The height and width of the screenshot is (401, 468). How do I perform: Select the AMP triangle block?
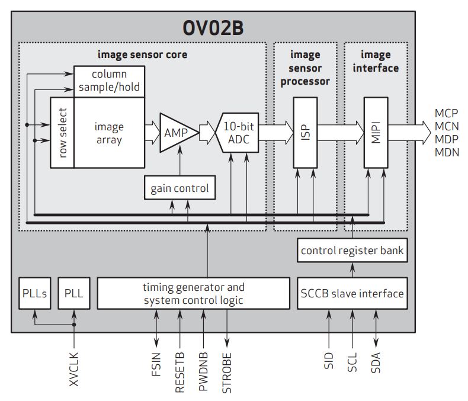tap(177, 133)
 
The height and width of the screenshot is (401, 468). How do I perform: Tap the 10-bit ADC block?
tap(240, 133)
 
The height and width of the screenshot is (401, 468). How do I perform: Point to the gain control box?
tap(179, 188)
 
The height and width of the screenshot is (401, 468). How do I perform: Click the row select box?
tap(62, 133)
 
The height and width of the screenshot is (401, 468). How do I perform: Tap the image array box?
tap(109, 133)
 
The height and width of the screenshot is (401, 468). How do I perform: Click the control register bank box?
tap(352, 251)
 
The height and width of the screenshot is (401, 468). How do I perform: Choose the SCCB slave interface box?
tap(352, 293)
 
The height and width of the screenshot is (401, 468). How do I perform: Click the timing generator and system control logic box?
tap(193, 293)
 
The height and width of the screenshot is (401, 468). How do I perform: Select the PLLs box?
tap(35, 293)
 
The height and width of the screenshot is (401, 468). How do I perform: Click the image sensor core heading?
tap(142, 55)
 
